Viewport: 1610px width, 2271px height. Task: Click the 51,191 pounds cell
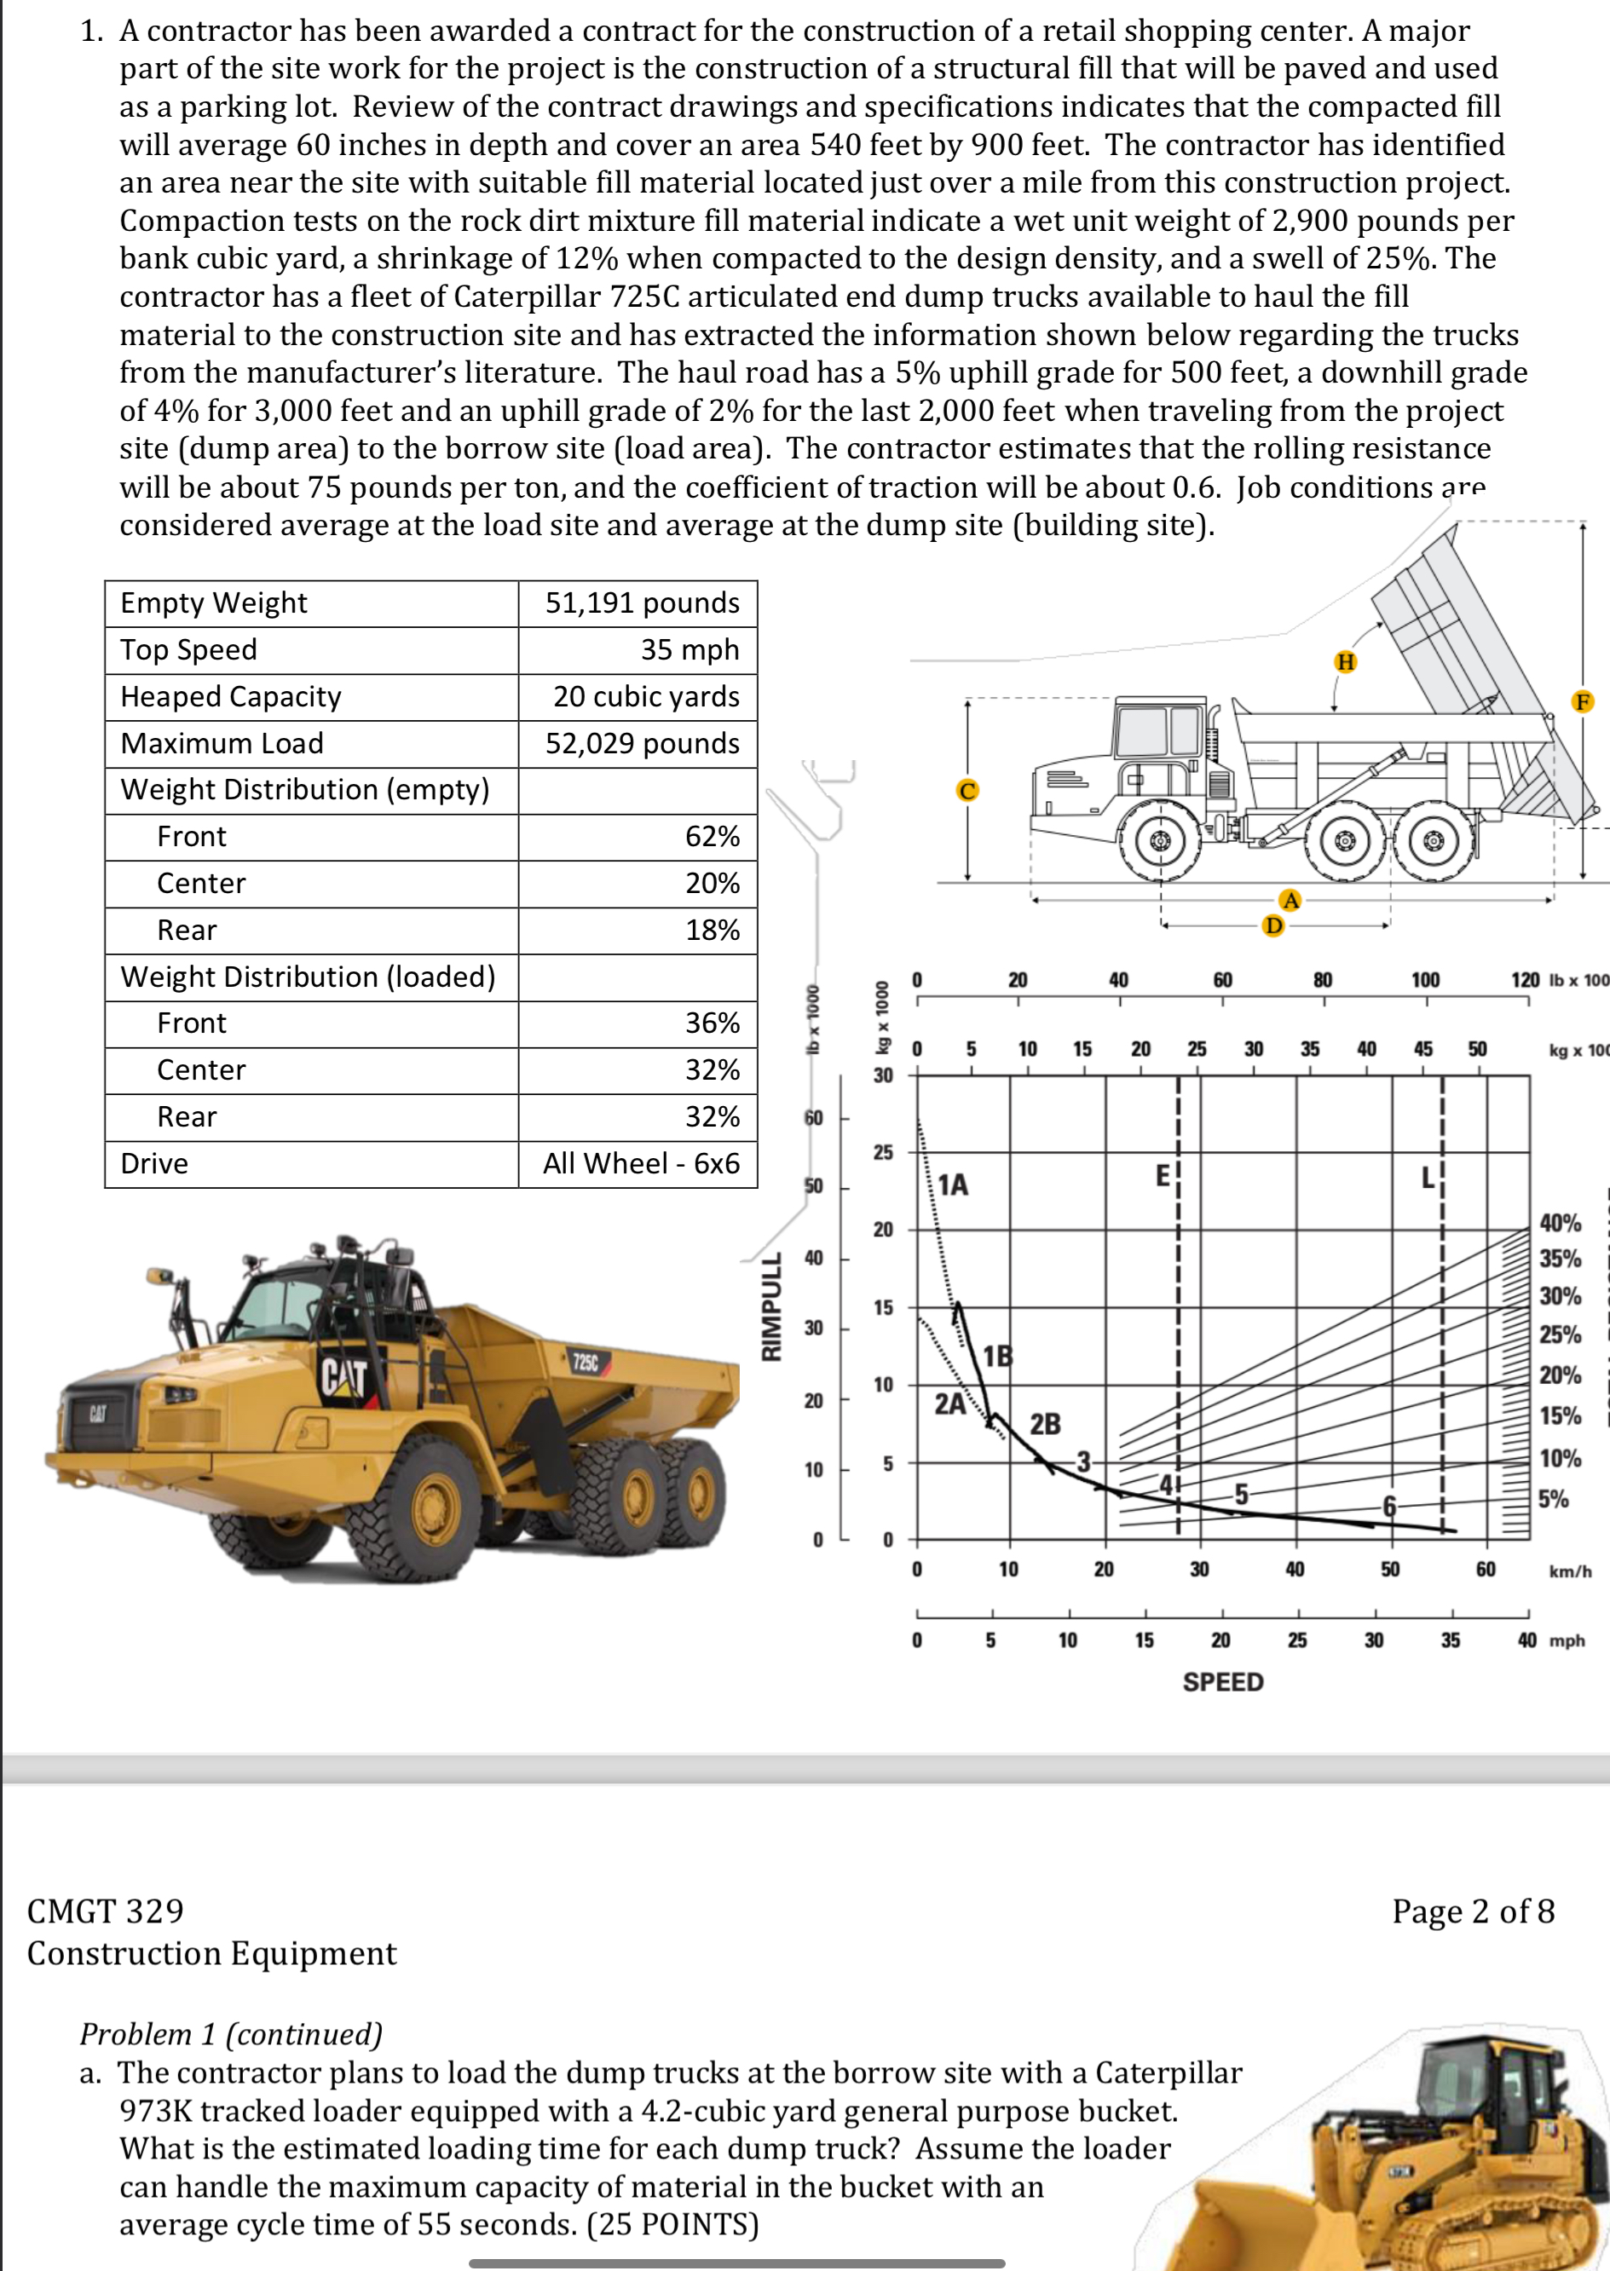point(642,602)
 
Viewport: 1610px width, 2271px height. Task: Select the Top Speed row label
point(188,649)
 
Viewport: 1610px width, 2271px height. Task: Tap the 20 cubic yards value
point(645,696)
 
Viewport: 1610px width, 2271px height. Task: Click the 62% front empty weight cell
point(712,837)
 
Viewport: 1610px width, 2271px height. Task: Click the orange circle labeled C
point(967,790)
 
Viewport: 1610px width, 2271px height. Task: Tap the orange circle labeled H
point(1345,661)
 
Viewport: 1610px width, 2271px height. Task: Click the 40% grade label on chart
point(1560,1222)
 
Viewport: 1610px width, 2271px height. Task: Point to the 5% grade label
point(1554,1499)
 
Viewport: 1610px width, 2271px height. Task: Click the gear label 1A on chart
point(953,1184)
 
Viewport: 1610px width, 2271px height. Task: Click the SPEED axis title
point(1222,1681)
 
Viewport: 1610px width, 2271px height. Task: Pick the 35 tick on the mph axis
point(1450,1640)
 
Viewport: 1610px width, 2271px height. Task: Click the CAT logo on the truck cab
point(344,1377)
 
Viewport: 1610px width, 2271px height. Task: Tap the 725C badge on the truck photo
point(585,1362)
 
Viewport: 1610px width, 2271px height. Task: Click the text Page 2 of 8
point(1472,1911)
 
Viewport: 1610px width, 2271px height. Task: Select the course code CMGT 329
point(105,1911)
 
